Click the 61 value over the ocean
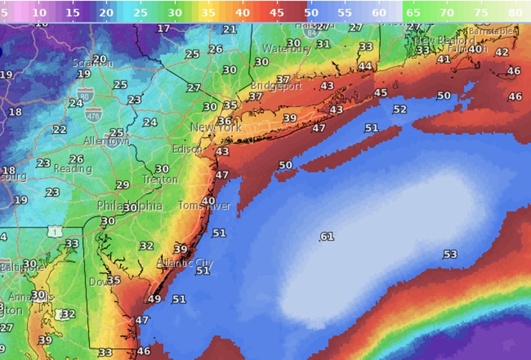click(327, 237)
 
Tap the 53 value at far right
click(450, 254)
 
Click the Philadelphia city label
click(130, 207)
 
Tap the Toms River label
click(204, 206)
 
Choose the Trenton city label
click(160, 179)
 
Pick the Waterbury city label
click(287, 49)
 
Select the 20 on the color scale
click(107, 12)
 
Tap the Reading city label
click(73, 169)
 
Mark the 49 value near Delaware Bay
click(155, 299)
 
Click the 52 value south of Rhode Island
click(400, 109)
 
